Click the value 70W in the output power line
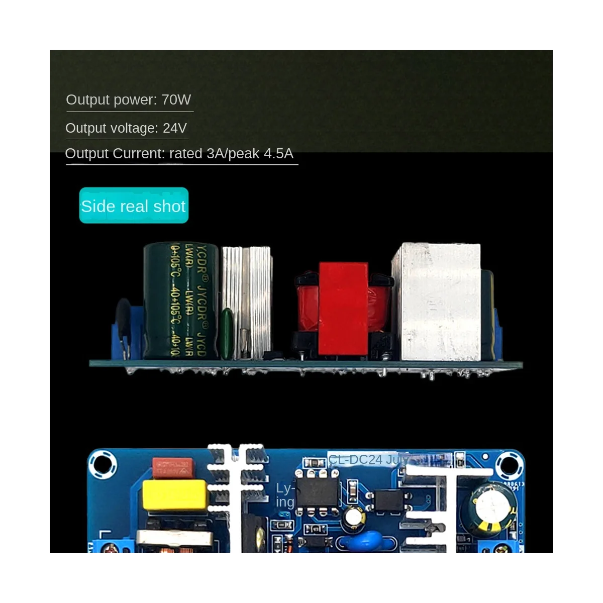pos(176,99)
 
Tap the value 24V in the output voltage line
pos(174,128)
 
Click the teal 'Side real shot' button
pos(134,206)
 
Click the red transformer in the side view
pos(343,309)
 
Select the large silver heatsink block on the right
pos(436,301)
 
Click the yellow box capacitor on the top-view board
pos(175,495)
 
